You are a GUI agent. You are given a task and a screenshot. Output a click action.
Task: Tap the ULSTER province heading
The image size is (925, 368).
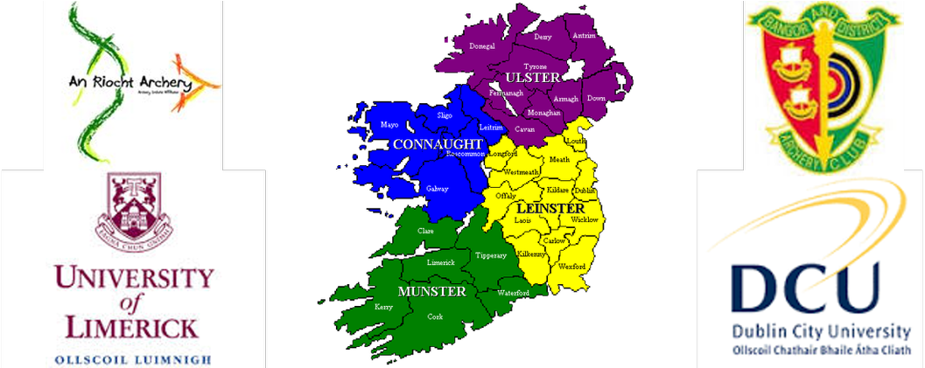(x=532, y=78)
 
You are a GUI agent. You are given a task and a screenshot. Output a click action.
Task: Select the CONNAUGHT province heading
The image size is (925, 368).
(x=438, y=143)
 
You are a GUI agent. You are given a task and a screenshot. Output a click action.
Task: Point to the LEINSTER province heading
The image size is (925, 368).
(x=550, y=209)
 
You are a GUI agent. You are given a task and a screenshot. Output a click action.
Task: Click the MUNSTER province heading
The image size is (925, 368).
(x=431, y=291)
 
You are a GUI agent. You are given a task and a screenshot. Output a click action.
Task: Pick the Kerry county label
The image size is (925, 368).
(x=383, y=307)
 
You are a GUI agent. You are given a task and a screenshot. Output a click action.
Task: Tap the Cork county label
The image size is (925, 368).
(x=435, y=316)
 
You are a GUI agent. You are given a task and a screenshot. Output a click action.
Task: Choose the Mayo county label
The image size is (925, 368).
(x=389, y=125)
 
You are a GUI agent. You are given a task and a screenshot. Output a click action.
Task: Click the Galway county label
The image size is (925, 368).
(x=437, y=189)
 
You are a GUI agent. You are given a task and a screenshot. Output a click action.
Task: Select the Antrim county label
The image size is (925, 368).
(x=584, y=36)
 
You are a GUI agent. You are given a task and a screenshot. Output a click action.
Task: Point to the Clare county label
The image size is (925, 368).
(x=425, y=231)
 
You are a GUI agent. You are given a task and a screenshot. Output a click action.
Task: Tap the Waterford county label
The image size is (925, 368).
(x=514, y=293)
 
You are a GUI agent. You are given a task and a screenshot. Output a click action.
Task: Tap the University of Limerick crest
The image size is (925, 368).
(x=134, y=207)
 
